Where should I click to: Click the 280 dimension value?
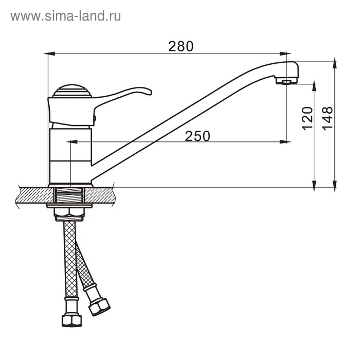pos(181,46)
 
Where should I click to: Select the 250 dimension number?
pos(197,136)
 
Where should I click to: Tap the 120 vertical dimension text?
pos(308,118)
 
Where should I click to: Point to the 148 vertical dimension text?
pos(328,118)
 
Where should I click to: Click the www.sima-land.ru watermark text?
pos(66,16)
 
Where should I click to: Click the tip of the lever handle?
pos(147,91)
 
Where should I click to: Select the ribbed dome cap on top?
pos(72,92)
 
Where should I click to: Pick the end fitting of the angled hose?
pos(99,307)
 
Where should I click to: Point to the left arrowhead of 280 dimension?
pos(50,53)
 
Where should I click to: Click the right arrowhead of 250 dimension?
pos(284,141)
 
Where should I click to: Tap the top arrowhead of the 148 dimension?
pos(335,64)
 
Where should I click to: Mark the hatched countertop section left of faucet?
pos(32,195)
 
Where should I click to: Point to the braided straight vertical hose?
pos(70,257)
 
